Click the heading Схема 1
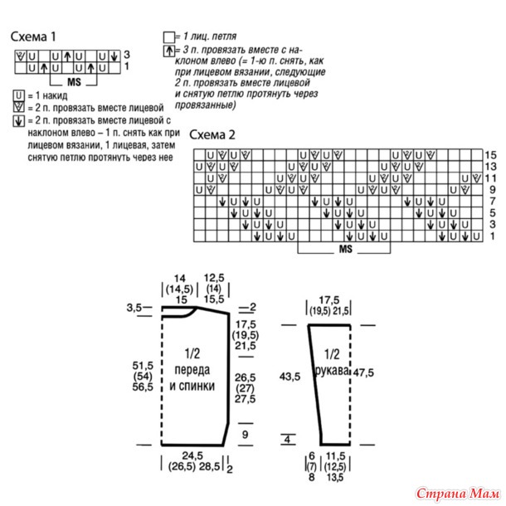[x=33, y=36]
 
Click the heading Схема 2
[x=212, y=134]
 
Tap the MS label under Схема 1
[x=74, y=82]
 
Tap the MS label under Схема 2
[x=345, y=249]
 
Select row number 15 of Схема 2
[x=490, y=155]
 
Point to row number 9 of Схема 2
[x=492, y=190]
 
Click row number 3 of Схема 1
[x=126, y=54]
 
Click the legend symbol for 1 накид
[x=18, y=96]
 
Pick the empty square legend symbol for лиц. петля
[x=168, y=37]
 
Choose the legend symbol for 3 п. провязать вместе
[x=168, y=51]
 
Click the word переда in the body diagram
[x=192, y=370]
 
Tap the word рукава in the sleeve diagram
[x=332, y=371]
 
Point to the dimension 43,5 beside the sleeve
[x=289, y=377]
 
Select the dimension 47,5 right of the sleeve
[x=363, y=372]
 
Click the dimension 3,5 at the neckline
[x=134, y=308]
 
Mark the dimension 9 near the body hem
[x=245, y=435]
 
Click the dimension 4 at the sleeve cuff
[x=287, y=439]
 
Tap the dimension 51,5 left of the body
[x=143, y=366]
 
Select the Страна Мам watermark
[x=458, y=494]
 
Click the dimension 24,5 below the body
[x=192, y=455]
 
